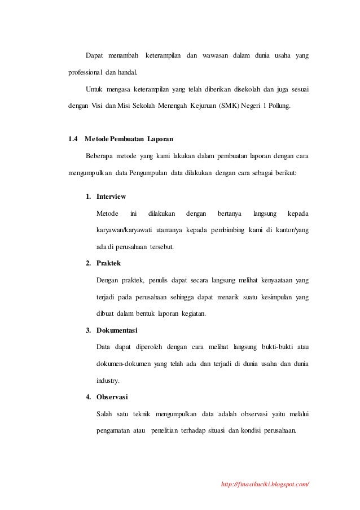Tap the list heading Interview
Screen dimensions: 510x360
[111, 197]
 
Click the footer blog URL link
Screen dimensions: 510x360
[267, 484]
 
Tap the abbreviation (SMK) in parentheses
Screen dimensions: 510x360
[227, 105]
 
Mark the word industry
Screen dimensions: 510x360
[108, 380]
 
